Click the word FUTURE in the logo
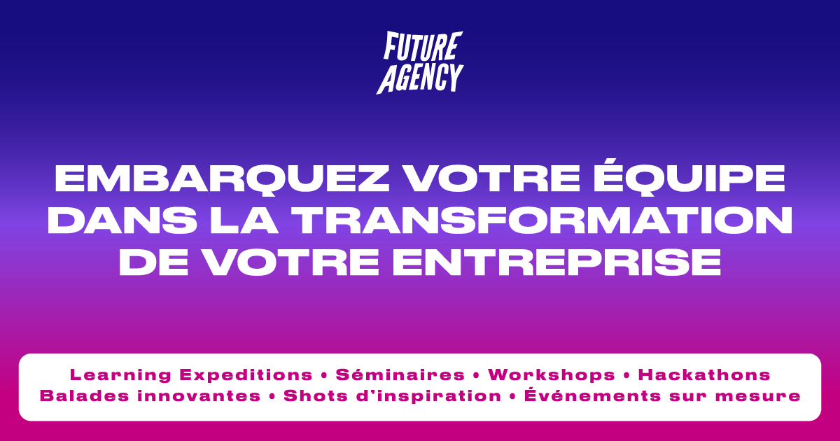tap(423, 46)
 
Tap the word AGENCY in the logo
tap(420, 78)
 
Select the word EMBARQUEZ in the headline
tap(222, 179)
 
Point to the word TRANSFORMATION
tap(542, 220)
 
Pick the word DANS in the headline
tap(122, 220)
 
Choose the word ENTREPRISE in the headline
tap(556, 262)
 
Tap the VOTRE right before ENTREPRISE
tap(291, 262)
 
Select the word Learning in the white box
tap(120, 374)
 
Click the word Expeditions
tap(246, 375)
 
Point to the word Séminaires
tap(400, 374)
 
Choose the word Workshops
tap(552, 375)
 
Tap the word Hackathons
tap(704, 374)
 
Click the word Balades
tap(84, 395)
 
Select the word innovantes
tap(199, 395)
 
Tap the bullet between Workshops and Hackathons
tap(626, 375)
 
